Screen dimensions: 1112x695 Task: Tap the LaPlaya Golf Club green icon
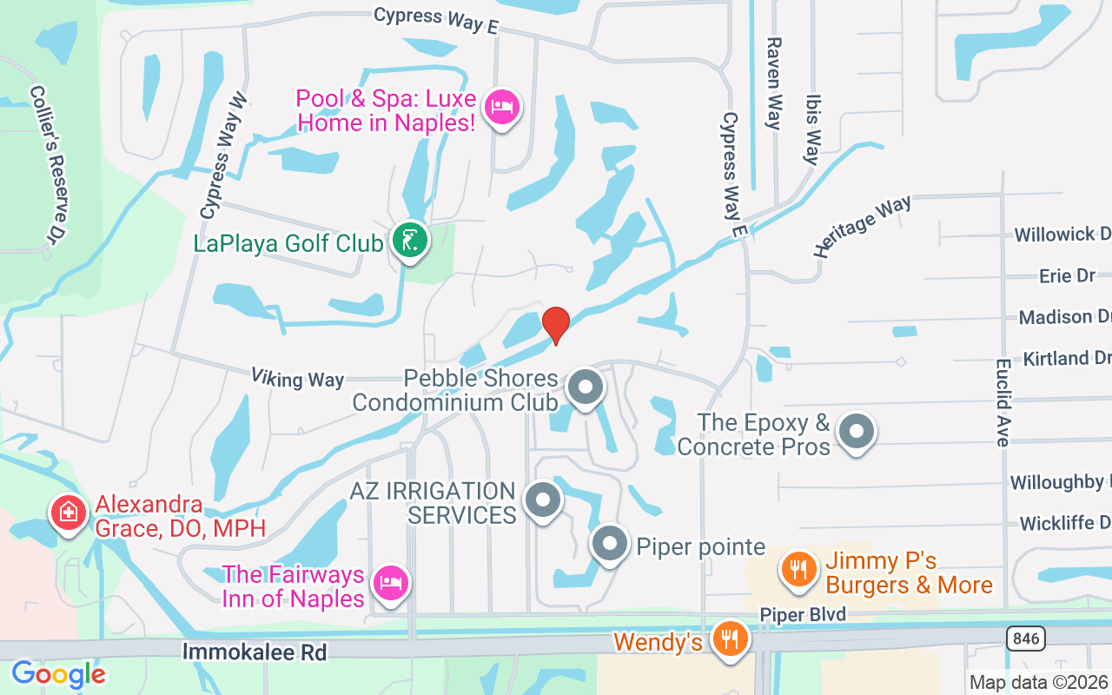coord(408,241)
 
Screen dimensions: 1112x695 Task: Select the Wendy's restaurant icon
coord(730,639)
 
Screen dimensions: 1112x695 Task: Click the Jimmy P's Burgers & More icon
coord(797,570)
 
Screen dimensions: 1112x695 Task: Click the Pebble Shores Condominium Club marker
coord(586,387)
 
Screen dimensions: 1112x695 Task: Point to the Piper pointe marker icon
coord(610,544)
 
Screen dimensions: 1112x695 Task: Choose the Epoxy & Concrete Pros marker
coord(857,430)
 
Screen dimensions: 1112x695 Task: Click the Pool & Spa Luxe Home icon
coord(503,108)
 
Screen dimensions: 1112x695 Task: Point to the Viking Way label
coord(297,378)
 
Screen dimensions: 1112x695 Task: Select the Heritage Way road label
coord(862,226)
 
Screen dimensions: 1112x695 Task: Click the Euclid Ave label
coord(1003,402)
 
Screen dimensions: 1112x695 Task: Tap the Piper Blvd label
coord(803,615)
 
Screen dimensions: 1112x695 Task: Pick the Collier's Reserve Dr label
coord(49,164)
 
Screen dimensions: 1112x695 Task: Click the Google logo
coord(58,674)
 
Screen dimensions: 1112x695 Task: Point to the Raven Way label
coord(773,83)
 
